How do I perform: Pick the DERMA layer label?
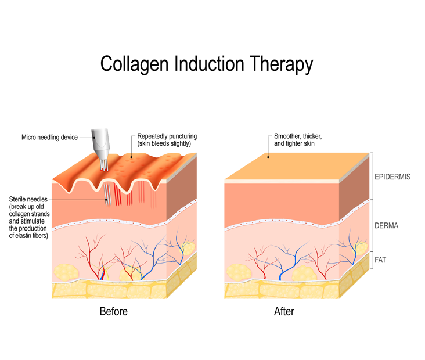point(386,225)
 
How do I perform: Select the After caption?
point(284,312)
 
